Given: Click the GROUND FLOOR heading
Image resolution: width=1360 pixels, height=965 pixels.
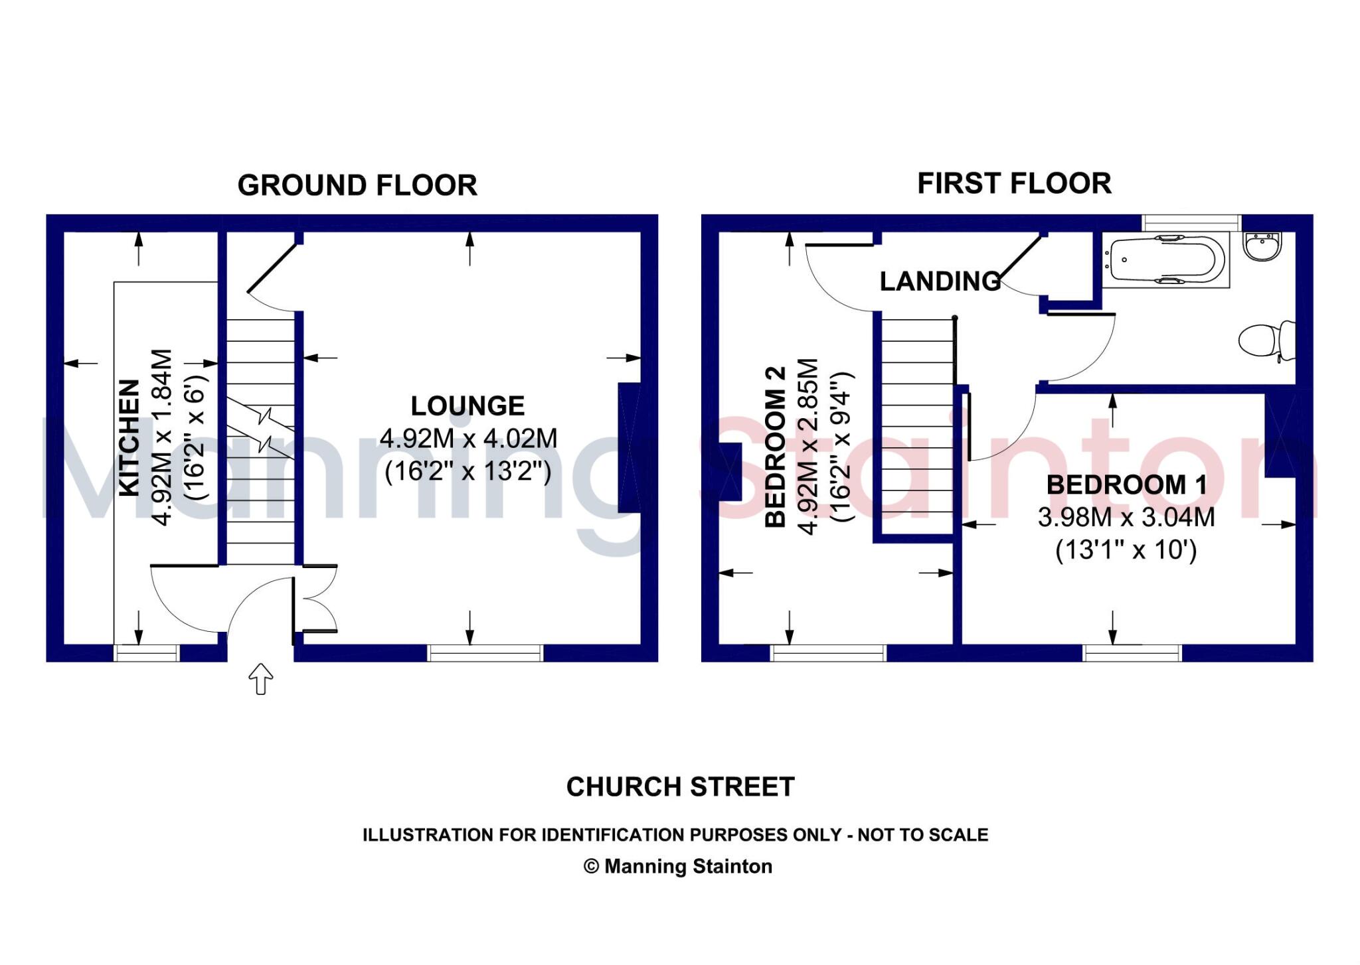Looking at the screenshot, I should tap(357, 185).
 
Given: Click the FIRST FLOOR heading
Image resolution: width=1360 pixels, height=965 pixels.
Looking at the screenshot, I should tap(1014, 183).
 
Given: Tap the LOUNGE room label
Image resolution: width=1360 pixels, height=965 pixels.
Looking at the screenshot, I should tap(467, 406).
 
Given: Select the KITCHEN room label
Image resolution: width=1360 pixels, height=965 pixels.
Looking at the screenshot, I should tap(129, 437).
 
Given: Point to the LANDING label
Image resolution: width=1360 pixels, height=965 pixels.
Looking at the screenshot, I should tap(940, 281).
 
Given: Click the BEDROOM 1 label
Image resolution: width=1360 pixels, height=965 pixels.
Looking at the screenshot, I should tap(1126, 484).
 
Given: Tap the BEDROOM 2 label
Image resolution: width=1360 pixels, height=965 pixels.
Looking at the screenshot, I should tap(776, 447).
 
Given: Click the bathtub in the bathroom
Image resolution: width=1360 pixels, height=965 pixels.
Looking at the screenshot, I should tap(1166, 261).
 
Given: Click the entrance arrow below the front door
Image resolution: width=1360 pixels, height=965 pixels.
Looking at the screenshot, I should tap(260, 678).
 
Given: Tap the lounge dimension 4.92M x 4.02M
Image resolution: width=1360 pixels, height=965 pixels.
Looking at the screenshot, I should tap(468, 439).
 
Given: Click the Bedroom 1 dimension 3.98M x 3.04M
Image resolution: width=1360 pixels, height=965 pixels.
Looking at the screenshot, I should tap(1126, 518).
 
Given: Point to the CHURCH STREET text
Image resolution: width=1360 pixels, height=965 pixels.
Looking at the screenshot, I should tap(680, 787).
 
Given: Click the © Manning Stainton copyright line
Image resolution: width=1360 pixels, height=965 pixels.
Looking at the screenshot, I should tap(678, 867).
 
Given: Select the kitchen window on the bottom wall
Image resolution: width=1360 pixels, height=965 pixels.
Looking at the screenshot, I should tap(146, 653).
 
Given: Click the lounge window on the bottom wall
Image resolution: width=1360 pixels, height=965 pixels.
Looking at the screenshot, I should tap(485, 653).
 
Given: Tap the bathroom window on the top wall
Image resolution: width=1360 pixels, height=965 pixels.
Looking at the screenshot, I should tap(1191, 222).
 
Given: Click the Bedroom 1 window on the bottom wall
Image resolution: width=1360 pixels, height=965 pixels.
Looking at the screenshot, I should tap(1132, 653).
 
